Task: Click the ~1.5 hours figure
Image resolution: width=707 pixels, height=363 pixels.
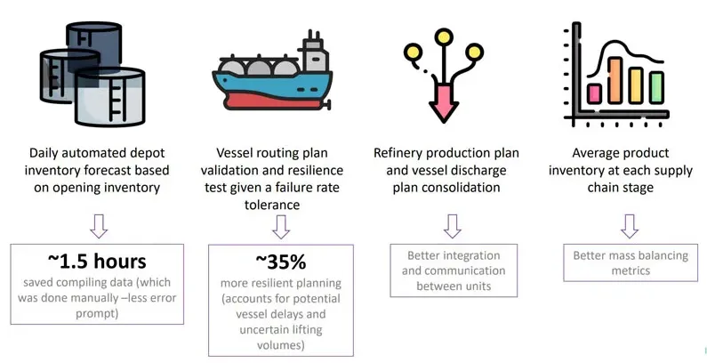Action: tap(97, 262)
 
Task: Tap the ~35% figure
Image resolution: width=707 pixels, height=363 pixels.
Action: tap(280, 262)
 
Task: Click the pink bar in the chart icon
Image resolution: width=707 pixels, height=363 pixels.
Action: tap(594, 93)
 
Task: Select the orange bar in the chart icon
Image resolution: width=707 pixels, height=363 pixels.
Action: tap(615, 80)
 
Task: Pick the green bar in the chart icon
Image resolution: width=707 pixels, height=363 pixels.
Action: tap(656, 87)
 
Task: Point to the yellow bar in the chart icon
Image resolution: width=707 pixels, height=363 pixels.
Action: tap(636, 85)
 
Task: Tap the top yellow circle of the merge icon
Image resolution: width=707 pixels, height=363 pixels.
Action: tap(444, 36)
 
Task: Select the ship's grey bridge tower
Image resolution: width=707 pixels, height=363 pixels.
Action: tap(315, 56)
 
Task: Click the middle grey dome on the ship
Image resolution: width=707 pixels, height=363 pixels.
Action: tap(259, 69)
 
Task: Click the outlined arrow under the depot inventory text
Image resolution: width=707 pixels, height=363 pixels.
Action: tap(99, 226)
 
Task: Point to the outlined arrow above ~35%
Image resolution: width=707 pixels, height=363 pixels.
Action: tap(281, 227)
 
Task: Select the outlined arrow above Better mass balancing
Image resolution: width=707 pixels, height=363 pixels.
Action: tap(630, 226)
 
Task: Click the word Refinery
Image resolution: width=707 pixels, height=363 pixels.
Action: tap(398, 153)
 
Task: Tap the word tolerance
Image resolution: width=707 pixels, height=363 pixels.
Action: tap(272, 205)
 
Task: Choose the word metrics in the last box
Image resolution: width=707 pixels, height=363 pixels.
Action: tap(631, 270)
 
